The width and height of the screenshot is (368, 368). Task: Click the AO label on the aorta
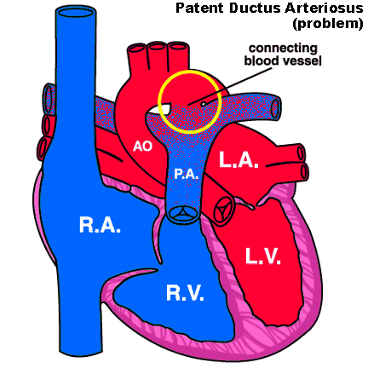point(143,147)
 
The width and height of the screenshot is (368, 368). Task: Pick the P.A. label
point(187,174)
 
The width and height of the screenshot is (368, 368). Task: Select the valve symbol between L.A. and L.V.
point(223,207)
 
